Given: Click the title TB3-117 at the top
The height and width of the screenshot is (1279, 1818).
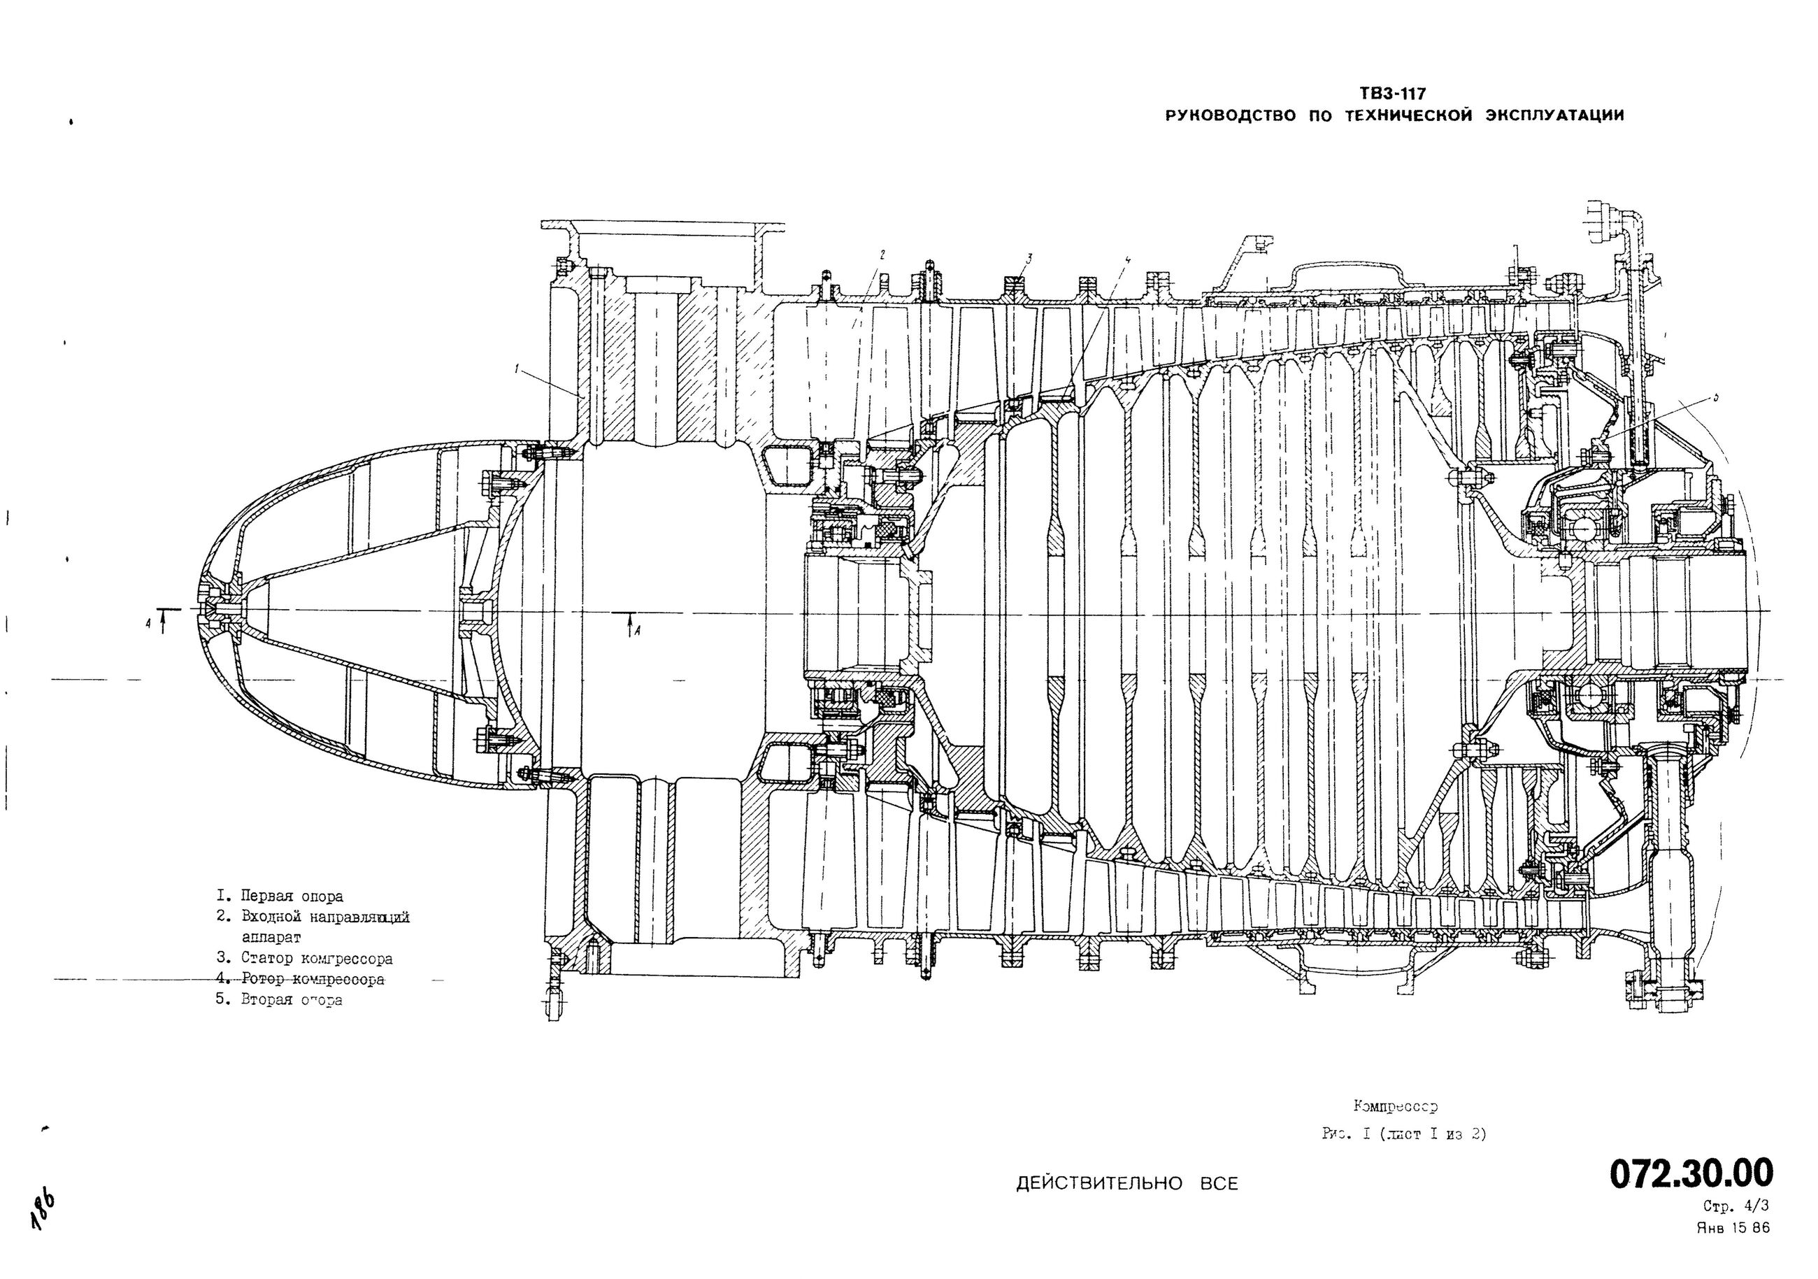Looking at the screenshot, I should click(x=1392, y=94).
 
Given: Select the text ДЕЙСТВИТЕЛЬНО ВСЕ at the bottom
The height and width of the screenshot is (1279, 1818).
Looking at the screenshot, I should click(x=1126, y=1184).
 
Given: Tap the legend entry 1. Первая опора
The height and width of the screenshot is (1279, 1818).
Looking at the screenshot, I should click(x=280, y=896).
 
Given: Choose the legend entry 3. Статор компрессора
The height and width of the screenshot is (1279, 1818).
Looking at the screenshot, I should click(x=305, y=958).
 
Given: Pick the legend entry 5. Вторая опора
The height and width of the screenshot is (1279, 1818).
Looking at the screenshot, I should click(x=280, y=1000).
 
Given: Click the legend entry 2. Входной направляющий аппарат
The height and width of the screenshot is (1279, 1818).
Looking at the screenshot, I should click(x=313, y=927).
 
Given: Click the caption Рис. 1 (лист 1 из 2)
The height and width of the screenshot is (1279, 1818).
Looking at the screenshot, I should click(x=1404, y=1134).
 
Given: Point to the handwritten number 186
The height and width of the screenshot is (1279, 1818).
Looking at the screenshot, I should click(x=43, y=1208).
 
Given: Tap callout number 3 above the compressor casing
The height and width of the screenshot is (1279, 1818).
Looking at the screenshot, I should click(x=1029, y=257).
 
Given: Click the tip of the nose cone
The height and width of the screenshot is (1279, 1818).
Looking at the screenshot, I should click(x=196, y=610).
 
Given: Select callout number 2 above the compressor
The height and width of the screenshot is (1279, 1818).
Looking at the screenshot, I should click(x=881, y=255).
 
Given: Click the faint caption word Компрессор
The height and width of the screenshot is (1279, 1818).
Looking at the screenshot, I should click(x=1394, y=1106).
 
